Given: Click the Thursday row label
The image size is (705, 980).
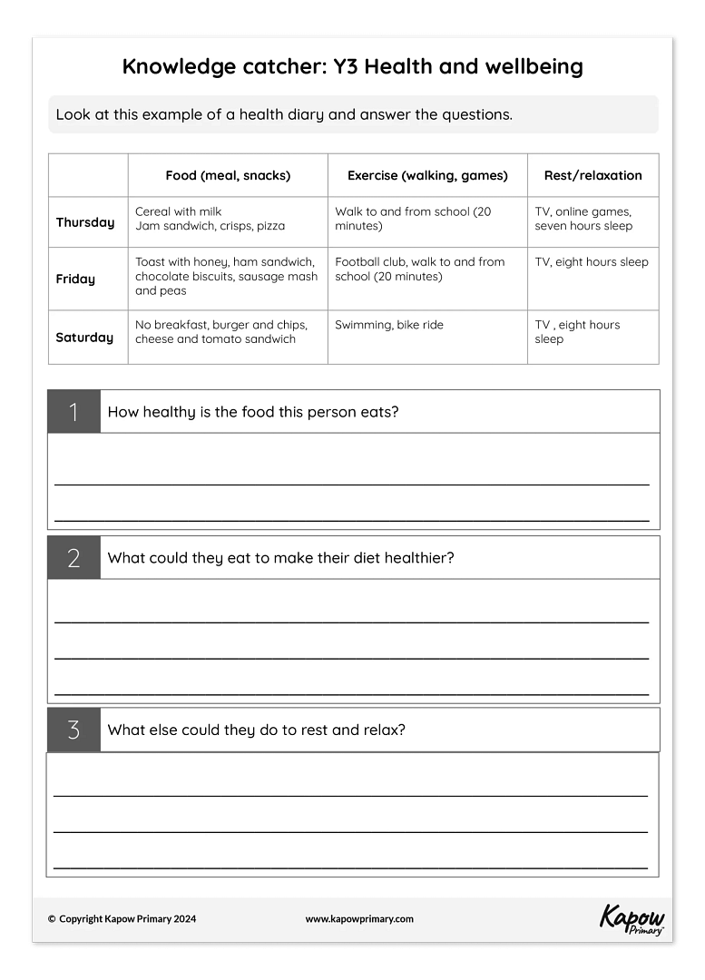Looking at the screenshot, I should coord(85,222).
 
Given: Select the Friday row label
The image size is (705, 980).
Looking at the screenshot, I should coord(75,279).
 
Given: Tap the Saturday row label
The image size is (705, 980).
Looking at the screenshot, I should coord(84,338).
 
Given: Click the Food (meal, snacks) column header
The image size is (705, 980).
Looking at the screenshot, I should coord(228,176).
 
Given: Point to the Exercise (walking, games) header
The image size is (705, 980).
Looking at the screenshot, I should coord(427,176).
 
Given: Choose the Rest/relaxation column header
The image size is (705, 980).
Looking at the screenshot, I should coord(592,176).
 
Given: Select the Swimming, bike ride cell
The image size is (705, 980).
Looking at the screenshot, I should coord(389,325).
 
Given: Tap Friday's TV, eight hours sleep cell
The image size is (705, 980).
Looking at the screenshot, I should coord(592,262).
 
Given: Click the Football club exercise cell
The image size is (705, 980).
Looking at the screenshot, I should coord(420,269).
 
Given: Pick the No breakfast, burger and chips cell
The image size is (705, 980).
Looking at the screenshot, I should coord(221,332).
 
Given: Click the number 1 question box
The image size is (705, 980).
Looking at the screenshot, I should coord(73,412).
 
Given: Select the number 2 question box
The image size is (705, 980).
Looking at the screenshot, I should coord(73,558).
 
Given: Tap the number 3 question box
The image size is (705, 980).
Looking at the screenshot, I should coord(73,730).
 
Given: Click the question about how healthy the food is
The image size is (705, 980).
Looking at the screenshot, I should coord(253,412).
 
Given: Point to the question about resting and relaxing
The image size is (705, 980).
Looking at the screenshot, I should coord(257,730).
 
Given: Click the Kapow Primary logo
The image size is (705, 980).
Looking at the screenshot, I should coord(632,918).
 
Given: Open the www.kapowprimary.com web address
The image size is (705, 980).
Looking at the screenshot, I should coord(359,918).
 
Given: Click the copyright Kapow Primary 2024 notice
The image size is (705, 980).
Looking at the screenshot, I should coord(122,918).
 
